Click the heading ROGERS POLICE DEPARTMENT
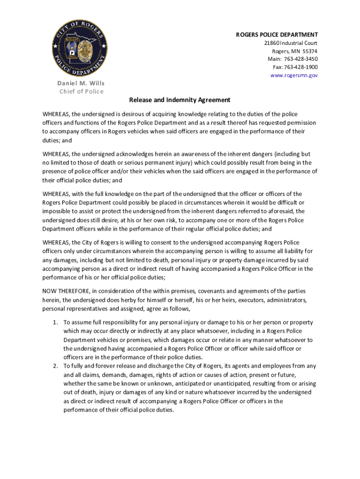277,35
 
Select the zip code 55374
310,51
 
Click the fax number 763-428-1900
300,67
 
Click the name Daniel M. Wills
81,83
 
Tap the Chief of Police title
81,91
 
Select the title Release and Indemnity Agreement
180,100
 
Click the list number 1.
55,322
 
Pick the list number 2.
55,366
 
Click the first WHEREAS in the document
56,114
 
